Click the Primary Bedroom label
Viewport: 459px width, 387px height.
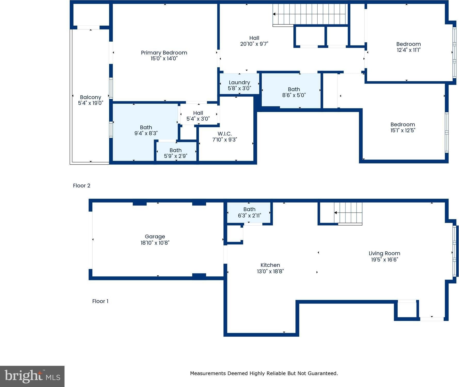click(164, 53)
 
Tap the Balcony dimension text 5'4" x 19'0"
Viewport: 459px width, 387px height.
click(91, 103)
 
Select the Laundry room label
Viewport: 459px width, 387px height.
click(239, 82)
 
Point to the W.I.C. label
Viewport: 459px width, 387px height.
click(225, 134)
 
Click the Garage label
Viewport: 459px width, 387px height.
click(155, 237)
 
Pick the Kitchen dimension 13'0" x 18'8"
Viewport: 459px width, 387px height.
click(270, 271)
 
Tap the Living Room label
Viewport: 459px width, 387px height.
click(384, 253)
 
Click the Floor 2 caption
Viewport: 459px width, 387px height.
click(82, 186)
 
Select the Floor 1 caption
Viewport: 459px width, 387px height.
click(100, 301)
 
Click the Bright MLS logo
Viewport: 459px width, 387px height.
click(32, 376)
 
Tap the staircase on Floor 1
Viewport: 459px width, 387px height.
click(348, 213)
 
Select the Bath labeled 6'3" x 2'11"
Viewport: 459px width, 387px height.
click(249, 212)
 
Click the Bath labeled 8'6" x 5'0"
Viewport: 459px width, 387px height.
click(294, 92)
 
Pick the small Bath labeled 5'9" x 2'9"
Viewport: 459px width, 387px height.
click(176, 153)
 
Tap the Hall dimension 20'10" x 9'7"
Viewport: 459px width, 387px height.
click(254, 44)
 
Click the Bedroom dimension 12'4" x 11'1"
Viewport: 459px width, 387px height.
click(409, 50)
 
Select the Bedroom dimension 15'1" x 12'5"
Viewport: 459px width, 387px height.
click(403, 130)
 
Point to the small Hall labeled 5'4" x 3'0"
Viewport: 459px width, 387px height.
click(198, 116)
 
